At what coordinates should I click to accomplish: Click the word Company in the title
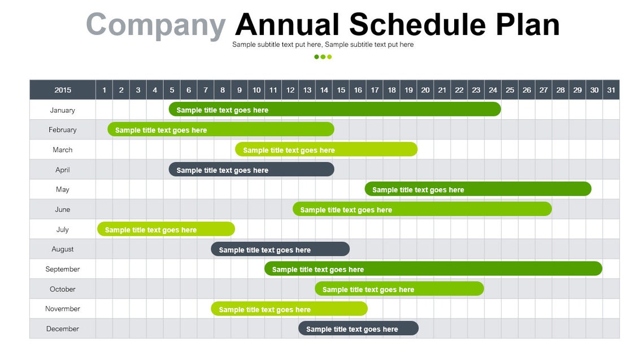(x=155, y=25)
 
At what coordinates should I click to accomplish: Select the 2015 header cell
(x=63, y=90)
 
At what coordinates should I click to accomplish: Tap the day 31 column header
(x=611, y=90)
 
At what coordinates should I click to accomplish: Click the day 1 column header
(x=104, y=90)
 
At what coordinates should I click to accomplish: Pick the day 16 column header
(x=358, y=90)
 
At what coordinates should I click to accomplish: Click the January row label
(x=62, y=110)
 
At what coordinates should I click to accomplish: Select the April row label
(x=62, y=170)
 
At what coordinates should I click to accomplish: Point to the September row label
(x=62, y=269)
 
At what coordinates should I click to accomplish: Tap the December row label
(x=62, y=329)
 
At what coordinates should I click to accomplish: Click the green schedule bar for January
(x=334, y=110)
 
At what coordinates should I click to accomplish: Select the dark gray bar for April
(x=251, y=170)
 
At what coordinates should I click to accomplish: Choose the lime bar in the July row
(x=166, y=229)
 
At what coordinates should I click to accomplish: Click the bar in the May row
(x=478, y=189)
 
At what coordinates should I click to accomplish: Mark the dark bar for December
(x=358, y=329)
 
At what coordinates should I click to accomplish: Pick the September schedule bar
(x=433, y=269)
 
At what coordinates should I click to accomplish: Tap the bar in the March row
(x=326, y=150)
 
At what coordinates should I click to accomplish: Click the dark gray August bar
(x=280, y=249)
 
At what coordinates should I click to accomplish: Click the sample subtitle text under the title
(x=323, y=45)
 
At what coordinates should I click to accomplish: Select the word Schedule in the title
(x=417, y=25)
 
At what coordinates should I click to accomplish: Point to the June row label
(x=62, y=210)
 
